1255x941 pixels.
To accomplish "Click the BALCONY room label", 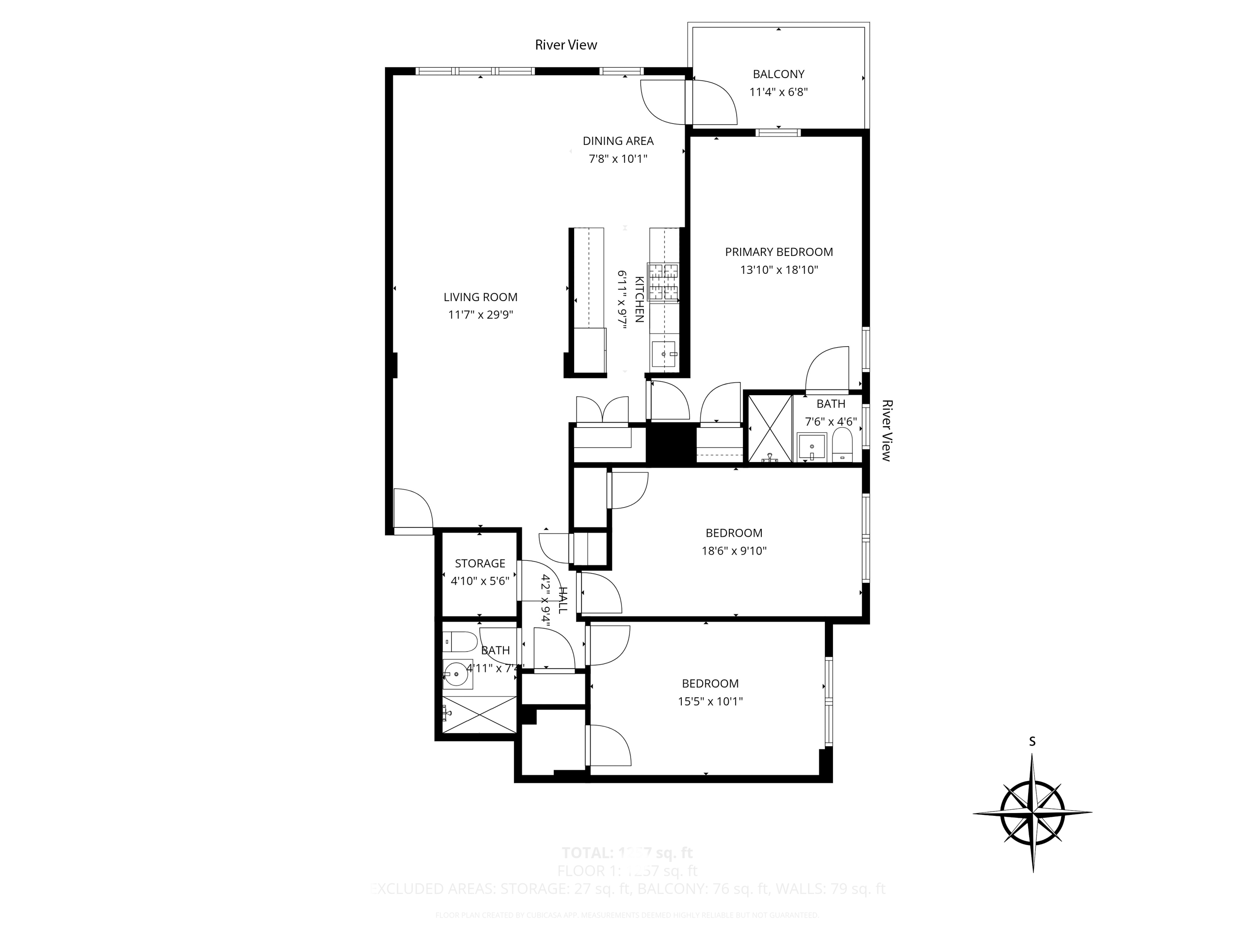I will coord(778,74).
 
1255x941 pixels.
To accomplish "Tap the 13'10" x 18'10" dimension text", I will coord(778,270).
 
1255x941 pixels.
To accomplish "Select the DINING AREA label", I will coord(618,141).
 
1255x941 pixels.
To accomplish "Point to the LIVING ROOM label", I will coord(480,297).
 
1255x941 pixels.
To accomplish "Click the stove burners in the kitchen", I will coord(664,282).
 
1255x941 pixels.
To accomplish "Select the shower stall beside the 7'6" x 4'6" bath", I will coord(769,428).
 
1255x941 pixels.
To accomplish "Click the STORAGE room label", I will coord(480,563).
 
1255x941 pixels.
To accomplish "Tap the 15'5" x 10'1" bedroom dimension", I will coord(710,702).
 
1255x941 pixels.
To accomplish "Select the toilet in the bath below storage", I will coord(460,642).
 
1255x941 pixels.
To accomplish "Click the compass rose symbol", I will coord(1032,813).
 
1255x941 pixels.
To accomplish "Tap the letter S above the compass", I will coord(1032,742).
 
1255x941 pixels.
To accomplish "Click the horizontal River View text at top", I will coord(566,45).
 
